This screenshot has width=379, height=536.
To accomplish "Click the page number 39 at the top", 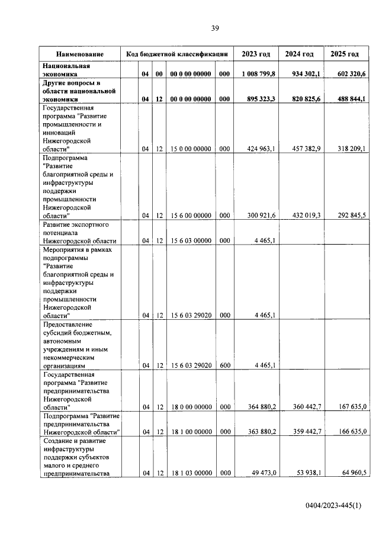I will click(216, 28).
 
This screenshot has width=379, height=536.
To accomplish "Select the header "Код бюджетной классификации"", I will click(177, 54).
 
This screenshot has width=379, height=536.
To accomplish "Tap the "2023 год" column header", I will click(256, 54).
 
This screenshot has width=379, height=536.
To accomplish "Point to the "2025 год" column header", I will click(345, 54).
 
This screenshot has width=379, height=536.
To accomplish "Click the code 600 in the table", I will click(224, 365).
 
